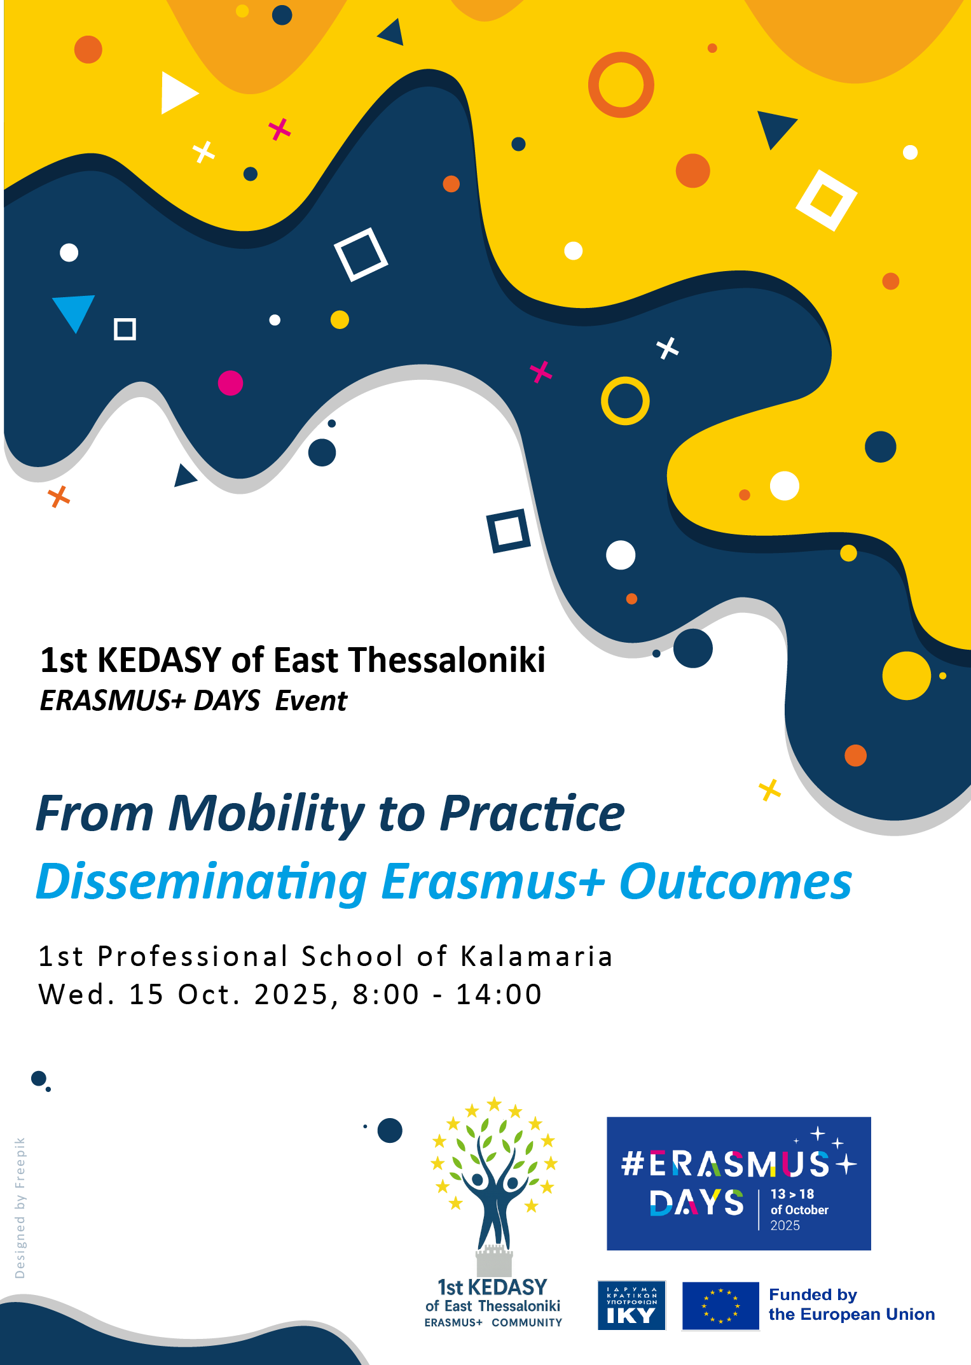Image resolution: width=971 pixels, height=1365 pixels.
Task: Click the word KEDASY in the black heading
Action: (159, 660)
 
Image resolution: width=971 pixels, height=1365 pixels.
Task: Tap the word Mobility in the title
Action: (266, 815)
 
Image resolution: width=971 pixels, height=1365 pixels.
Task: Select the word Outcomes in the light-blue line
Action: (735, 882)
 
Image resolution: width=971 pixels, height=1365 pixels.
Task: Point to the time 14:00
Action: (499, 995)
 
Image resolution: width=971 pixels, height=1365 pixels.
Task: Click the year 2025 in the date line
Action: (292, 995)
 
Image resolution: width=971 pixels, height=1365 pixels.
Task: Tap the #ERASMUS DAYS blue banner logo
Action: (738, 1184)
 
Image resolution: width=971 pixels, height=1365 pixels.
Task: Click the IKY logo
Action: (631, 1306)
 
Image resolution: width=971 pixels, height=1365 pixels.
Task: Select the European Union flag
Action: (720, 1306)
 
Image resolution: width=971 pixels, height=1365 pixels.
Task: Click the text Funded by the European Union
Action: (851, 1305)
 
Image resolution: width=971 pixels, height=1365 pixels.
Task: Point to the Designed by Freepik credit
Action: (20, 1208)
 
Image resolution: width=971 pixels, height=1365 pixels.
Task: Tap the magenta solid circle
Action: (230, 383)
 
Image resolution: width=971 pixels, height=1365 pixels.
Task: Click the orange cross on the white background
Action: (59, 496)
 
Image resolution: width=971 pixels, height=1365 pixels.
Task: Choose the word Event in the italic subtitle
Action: (311, 701)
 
